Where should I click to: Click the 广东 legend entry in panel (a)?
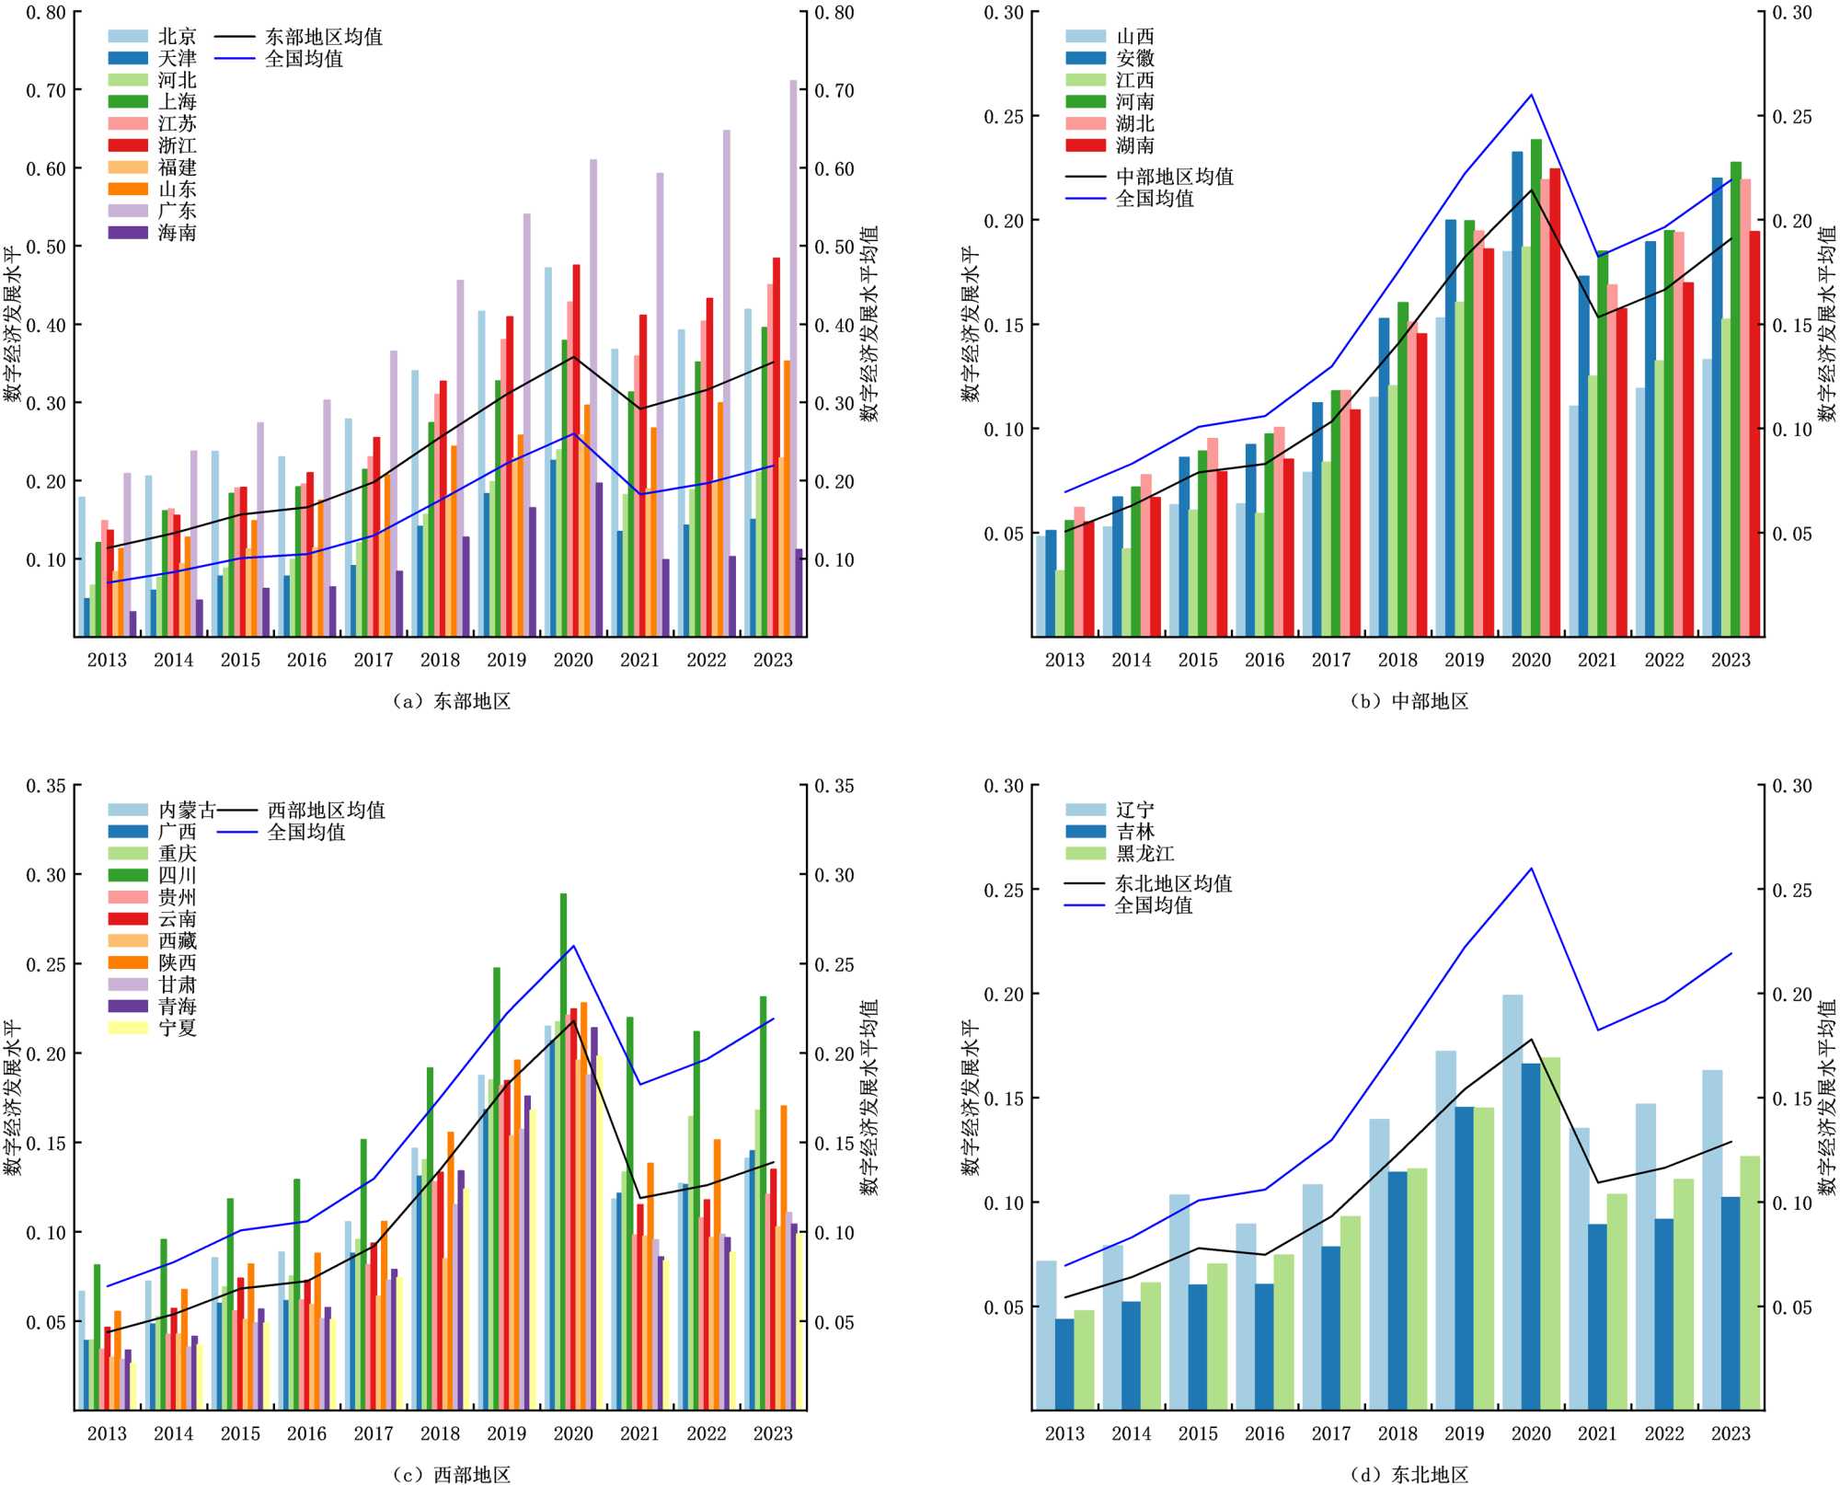(177, 211)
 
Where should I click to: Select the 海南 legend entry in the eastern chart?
(177, 233)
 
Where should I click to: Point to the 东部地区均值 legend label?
(324, 37)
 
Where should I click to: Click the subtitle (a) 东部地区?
(452, 701)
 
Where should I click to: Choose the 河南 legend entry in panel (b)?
(1134, 102)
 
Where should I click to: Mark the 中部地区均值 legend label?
(1174, 177)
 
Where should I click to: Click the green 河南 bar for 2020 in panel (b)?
(1536, 386)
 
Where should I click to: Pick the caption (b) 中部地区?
(1409, 701)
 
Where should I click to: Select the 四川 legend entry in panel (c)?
(177, 875)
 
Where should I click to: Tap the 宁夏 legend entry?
(177, 1028)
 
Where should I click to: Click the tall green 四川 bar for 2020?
(564, 1150)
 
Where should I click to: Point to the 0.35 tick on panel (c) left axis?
(46, 786)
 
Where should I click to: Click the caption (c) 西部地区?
(452, 1475)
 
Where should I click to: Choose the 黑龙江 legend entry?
(1144, 854)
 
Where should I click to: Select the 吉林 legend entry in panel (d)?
(1134, 832)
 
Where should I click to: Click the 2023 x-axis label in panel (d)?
(1731, 1433)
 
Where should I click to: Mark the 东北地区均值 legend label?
(1173, 883)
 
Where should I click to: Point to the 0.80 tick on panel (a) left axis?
(46, 13)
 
